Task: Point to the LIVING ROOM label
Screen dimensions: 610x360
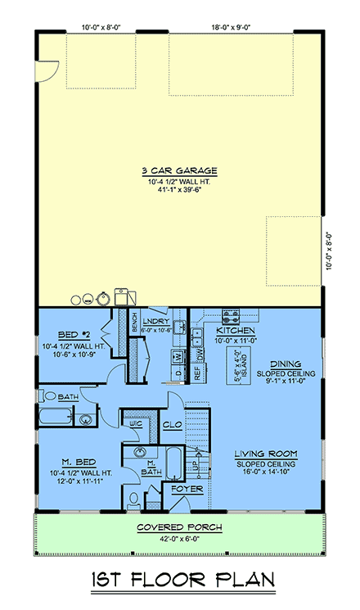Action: [264, 454]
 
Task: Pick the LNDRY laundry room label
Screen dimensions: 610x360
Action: [155, 321]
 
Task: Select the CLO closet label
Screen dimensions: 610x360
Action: [172, 425]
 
